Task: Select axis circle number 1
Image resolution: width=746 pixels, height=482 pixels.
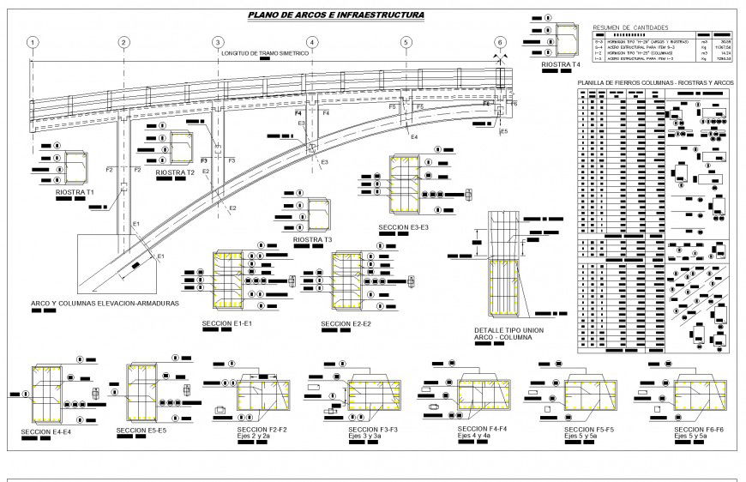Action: pos(32,43)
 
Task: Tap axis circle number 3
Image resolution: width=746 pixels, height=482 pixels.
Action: pos(218,43)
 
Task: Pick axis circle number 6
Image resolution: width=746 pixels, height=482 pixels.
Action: pos(500,43)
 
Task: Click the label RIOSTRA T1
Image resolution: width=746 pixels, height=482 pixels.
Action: pos(75,193)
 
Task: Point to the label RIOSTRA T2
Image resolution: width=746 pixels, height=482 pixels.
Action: pos(175,172)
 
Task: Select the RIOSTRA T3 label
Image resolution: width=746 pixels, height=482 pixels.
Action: pos(313,240)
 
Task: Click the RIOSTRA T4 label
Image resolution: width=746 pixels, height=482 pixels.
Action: pos(562,64)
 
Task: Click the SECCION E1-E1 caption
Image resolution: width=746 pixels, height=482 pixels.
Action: pos(226,323)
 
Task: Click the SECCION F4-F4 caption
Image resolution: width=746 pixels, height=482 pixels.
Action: pos(484,428)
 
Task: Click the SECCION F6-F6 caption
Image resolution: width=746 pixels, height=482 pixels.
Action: pos(700,429)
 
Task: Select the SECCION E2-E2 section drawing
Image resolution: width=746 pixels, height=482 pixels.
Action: pos(348,282)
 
